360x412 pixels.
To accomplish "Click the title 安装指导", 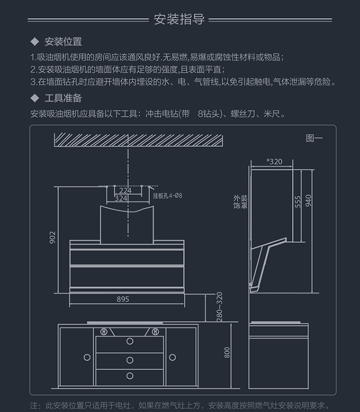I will click(x=180, y=20).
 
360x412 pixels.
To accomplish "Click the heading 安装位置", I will click(x=63, y=42).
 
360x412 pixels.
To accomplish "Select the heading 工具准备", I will click(x=63, y=98).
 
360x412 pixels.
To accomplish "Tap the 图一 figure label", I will click(x=314, y=139).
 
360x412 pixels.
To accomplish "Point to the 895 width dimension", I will click(x=123, y=300).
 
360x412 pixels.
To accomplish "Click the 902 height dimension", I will click(x=52, y=237).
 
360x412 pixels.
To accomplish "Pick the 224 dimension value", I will click(x=125, y=191).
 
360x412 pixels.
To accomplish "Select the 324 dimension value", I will click(x=121, y=198).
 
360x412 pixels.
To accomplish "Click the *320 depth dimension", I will click(x=275, y=162).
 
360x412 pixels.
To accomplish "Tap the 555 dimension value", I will click(x=298, y=201).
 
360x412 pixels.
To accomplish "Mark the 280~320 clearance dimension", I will click(x=220, y=306).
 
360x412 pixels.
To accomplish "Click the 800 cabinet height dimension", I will click(x=227, y=353).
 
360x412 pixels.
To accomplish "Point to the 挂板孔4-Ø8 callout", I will click(x=168, y=196).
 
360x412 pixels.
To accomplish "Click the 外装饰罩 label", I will click(x=240, y=202).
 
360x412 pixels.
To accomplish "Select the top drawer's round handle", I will click(x=130, y=341).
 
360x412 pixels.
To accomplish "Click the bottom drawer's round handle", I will click(x=130, y=376).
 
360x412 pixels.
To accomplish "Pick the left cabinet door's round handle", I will click(x=87, y=357).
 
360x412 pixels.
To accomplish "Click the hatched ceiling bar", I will click(x=139, y=140).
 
